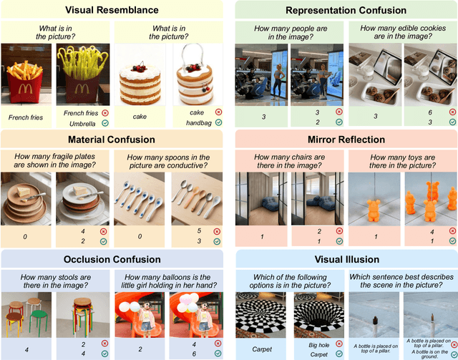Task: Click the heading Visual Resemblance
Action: [x=113, y=10]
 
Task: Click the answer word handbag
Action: [x=197, y=122]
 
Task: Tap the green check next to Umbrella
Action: [x=104, y=122]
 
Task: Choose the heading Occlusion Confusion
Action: [x=113, y=260]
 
